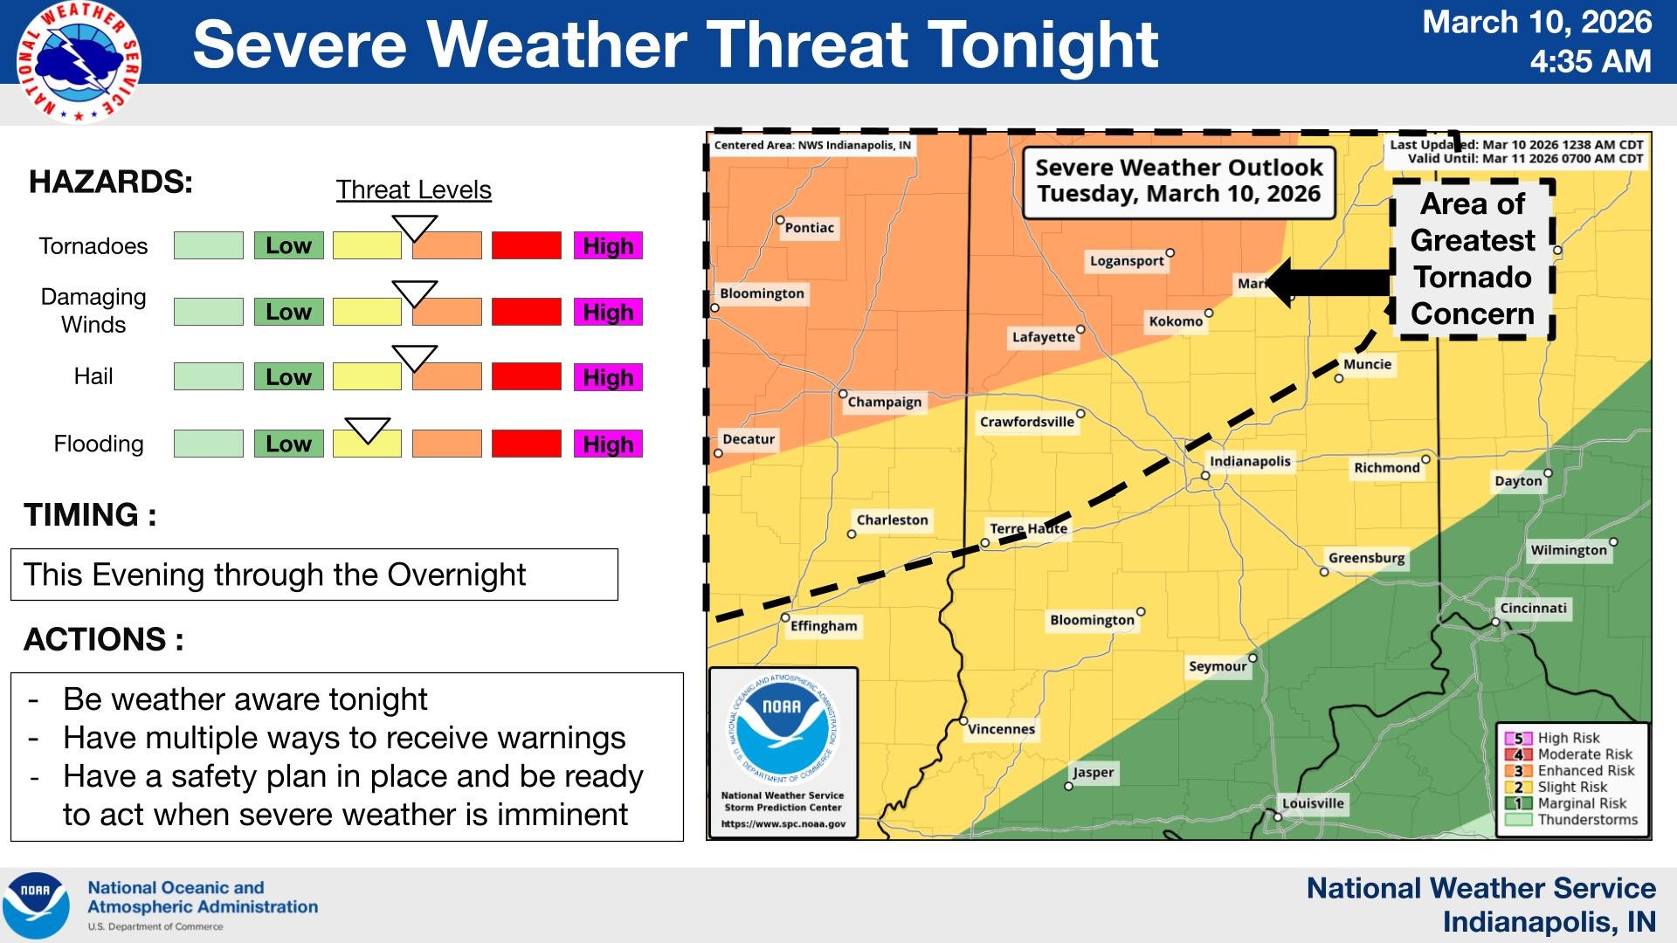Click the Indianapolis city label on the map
(x=1249, y=461)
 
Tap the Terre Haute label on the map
(x=1028, y=528)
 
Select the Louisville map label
(x=1313, y=803)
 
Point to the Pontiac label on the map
(x=809, y=228)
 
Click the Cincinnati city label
(x=1533, y=608)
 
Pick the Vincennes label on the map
(x=1001, y=729)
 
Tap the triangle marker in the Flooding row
(x=367, y=430)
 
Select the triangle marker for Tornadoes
(x=414, y=228)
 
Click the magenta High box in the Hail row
(x=608, y=377)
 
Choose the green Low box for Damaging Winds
(x=288, y=312)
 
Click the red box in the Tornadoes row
(x=526, y=245)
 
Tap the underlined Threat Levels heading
(x=414, y=189)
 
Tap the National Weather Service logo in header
(x=79, y=61)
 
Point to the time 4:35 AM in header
(x=1590, y=61)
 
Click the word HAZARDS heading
(x=111, y=182)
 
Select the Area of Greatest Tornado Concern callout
(x=1472, y=258)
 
